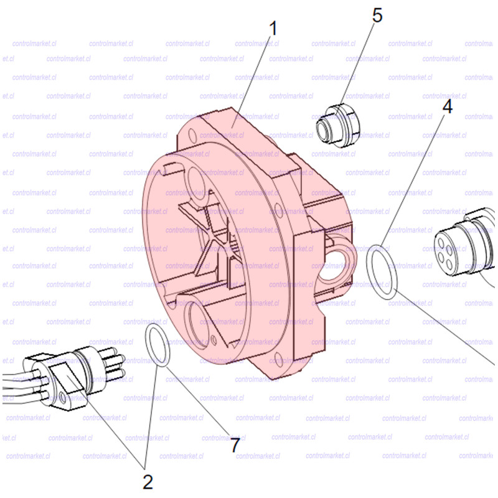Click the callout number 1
pyautogui.click(x=273, y=28)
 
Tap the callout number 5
pyautogui.click(x=377, y=15)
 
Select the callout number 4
pyautogui.click(x=447, y=106)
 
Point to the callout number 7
pyautogui.click(x=235, y=445)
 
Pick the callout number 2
pyautogui.click(x=148, y=482)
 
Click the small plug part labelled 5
pyautogui.click(x=338, y=126)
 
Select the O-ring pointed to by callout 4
pyautogui.click(x=382, y=272)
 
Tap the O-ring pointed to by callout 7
pyautogui.click(x=157, y=345)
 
